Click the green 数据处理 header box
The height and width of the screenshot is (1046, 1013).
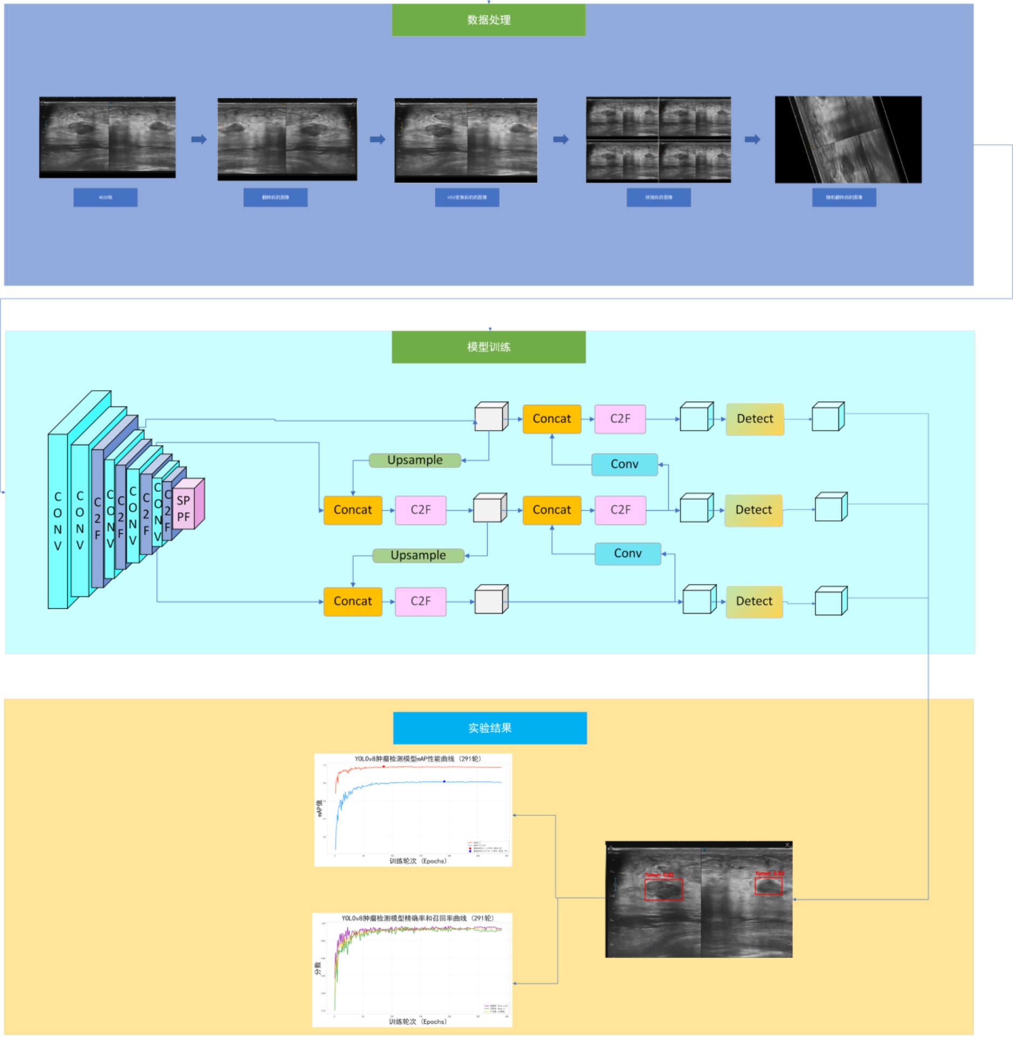488,20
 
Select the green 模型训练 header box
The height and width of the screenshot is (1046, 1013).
488,347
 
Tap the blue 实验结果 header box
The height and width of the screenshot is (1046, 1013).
489,727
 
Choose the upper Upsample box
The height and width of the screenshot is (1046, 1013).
414,460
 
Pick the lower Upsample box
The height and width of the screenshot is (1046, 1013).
417,555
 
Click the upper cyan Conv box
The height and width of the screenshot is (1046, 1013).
624,464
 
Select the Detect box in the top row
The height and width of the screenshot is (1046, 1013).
754,418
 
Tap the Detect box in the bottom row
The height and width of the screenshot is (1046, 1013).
754,601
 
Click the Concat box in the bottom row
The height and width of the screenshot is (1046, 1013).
352,601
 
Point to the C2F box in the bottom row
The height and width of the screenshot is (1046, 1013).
420,601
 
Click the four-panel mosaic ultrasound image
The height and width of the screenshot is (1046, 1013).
658,139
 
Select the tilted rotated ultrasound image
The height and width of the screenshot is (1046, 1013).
847,139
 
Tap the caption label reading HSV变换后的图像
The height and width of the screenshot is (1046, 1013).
467,197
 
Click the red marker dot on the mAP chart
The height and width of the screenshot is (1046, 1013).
384,766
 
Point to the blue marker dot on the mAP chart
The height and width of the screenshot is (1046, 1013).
444,780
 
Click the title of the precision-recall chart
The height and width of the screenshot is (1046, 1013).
417,918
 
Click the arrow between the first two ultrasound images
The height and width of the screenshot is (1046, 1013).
199,139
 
